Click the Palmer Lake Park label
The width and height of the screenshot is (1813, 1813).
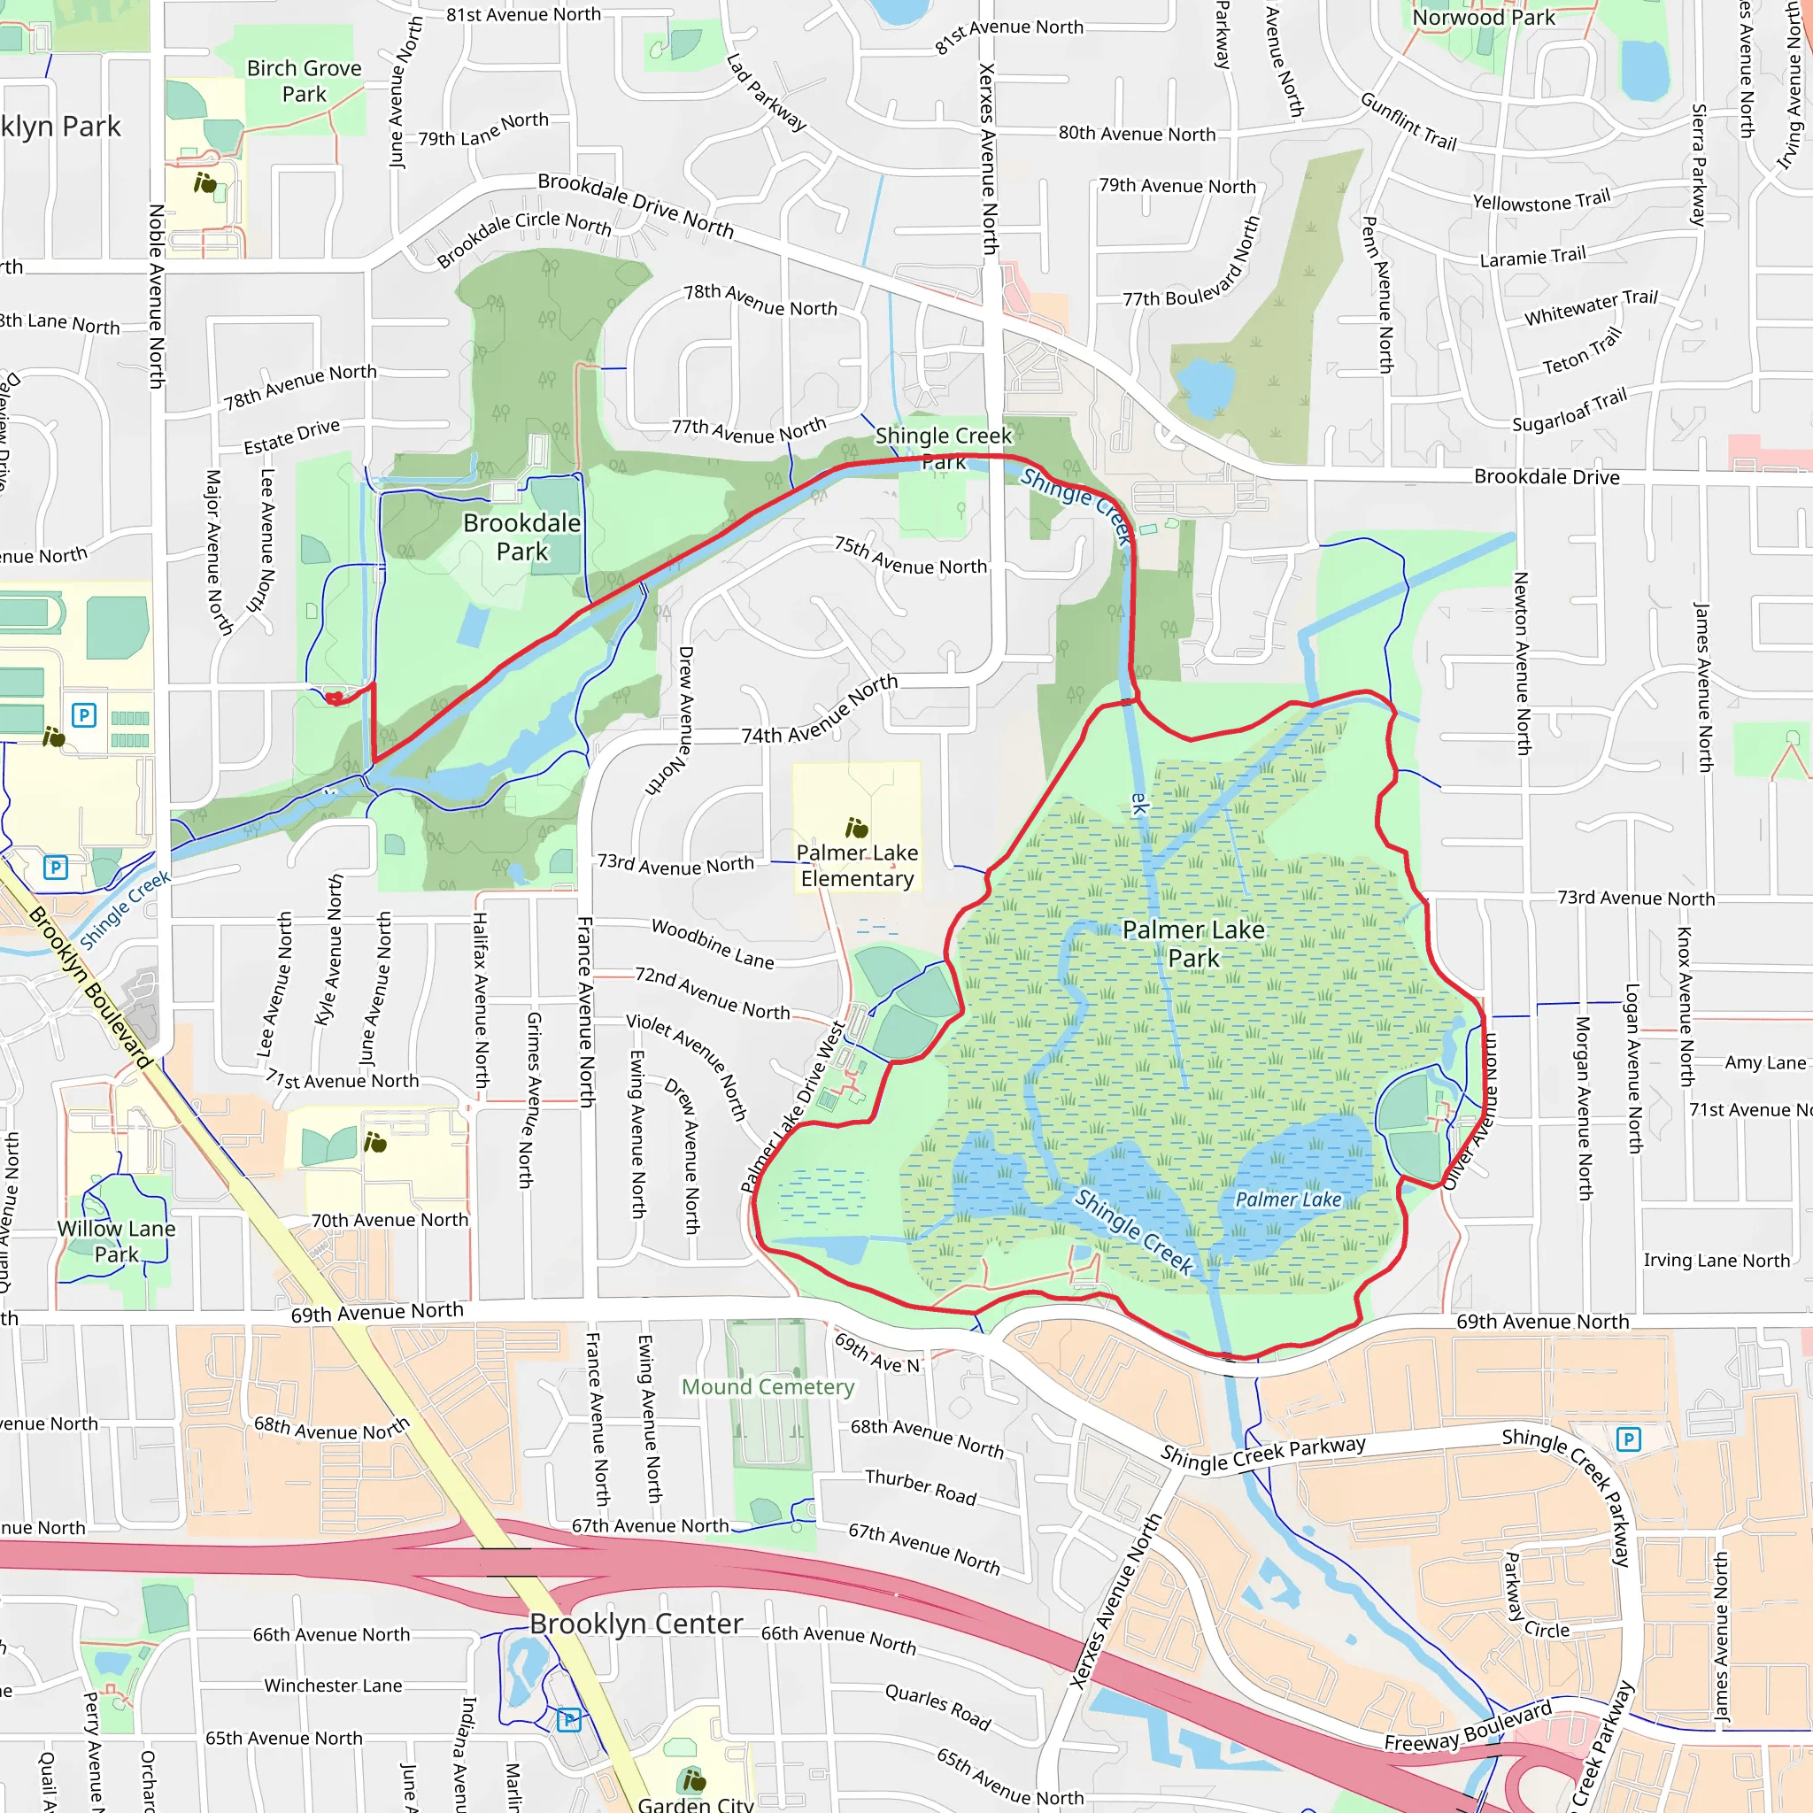[x=1192, y=943]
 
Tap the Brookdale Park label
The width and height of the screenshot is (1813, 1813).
[x=521, y=536]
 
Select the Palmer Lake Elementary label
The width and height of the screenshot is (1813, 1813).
[x=857, y=865]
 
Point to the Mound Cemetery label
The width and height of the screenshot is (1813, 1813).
[x=768, y=1387]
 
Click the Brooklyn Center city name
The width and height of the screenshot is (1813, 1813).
[x=636, y=1624]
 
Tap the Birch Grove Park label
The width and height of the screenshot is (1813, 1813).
[x=304, y=81]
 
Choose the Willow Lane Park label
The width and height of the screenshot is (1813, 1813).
[x=116, y=1240]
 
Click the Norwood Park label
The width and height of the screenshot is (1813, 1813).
[x=1484, y=17]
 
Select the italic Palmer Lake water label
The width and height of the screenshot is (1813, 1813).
[x=1287, y=1200]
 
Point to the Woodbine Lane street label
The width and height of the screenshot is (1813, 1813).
[x=714, y=944]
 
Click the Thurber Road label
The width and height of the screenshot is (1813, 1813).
[x=921, y=1487]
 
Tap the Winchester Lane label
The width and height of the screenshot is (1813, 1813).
[x=333, y=1686]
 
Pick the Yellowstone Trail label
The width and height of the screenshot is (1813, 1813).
[x=1541, y=201]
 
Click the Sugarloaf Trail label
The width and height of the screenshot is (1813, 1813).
[x=1570, y=411]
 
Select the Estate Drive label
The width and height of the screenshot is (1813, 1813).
[x=292, y=437]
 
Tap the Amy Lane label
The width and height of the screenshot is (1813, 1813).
[x=1765, y=1062]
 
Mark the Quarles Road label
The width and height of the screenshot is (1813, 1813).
[x=938, y=1707]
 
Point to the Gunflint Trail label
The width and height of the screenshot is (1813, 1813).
[x=1408, y=122]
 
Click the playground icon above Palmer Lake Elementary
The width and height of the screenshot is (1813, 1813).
[x=856, y=828]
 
